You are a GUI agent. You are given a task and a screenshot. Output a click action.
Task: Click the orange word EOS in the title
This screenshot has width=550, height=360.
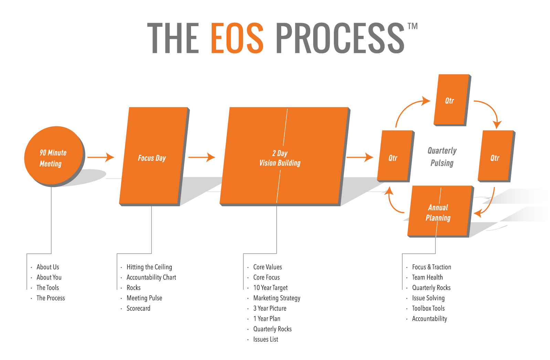coord(237,38)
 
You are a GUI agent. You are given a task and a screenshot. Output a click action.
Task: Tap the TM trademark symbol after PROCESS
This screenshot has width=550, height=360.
coord(412,26)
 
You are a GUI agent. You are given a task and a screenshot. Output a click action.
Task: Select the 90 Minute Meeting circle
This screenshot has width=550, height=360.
coord(54,156)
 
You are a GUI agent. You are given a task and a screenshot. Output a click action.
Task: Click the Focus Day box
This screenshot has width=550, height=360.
coord(154,157)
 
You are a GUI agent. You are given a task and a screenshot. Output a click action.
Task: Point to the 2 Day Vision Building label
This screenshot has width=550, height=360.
coord(280,158)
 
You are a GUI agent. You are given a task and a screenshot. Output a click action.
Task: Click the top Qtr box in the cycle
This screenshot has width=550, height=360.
coord(452,100)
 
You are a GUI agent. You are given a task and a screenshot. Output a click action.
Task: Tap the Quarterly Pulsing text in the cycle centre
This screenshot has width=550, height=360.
coord(442,157)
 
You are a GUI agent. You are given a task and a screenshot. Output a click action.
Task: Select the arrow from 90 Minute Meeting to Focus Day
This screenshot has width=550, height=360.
coord(101,157)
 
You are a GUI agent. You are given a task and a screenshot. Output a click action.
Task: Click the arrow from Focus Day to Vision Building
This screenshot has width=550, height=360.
coord(202,157)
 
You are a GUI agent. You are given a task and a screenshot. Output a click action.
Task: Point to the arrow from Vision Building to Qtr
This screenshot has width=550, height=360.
coord(360,157)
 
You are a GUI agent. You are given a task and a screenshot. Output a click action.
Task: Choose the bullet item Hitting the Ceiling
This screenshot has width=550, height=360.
coord(149,267)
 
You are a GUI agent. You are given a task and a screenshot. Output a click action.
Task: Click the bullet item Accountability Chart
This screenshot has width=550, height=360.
coord(151,277)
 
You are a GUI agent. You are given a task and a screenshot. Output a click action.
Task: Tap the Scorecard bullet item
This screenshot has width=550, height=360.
coord(138,308)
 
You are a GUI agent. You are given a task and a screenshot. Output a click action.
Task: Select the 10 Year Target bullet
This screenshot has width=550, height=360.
coord(270,288)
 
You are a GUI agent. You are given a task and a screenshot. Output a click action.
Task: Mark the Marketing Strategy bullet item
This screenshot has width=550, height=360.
coord(277,298)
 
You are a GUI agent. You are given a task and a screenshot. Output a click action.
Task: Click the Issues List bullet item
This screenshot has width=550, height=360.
coord(266,339)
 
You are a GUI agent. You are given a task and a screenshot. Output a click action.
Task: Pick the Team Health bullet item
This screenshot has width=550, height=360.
coord(427,277)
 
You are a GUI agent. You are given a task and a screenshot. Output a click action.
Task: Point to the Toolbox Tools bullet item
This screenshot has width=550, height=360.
coord(428,308)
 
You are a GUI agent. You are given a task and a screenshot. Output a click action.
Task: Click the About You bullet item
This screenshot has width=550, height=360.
coord(49,277)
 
